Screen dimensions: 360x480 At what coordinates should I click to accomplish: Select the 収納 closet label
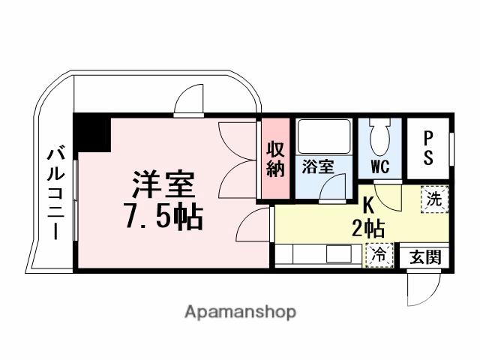point(275,159)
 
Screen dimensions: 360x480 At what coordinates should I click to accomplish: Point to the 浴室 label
point(317,167)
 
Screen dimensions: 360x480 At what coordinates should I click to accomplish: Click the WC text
point(379,167)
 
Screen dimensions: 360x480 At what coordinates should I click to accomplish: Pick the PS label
point(428,148)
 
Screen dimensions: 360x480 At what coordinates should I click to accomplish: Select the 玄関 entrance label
point(425,258)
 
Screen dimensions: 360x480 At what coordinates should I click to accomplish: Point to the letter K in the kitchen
point(368,202)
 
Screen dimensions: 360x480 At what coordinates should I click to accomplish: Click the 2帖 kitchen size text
point(368,227)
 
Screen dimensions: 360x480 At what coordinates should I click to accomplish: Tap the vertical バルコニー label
point(55,191)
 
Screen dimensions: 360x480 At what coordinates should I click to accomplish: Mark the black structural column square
point(91,130)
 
